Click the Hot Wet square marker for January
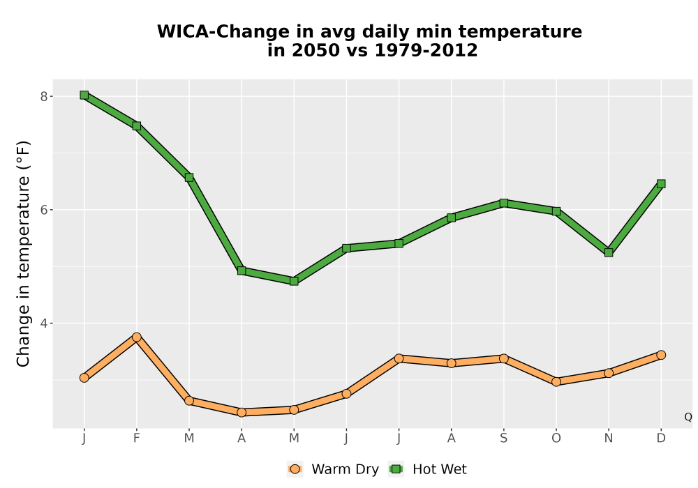84,95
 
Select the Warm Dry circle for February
137,337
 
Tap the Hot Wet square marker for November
609,252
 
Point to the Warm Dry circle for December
661,355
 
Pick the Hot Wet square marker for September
503,203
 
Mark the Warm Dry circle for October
556,381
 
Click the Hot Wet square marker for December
661,183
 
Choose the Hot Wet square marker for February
137,125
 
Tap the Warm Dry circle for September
503,358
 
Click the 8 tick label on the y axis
43,96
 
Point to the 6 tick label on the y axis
43,210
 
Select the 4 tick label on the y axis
43,323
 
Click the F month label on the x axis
137,439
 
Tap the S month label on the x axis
503,439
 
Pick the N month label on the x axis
609,439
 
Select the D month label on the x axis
661,439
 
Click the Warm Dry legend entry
334,469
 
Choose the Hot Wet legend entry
428,469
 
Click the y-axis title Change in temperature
23,254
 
